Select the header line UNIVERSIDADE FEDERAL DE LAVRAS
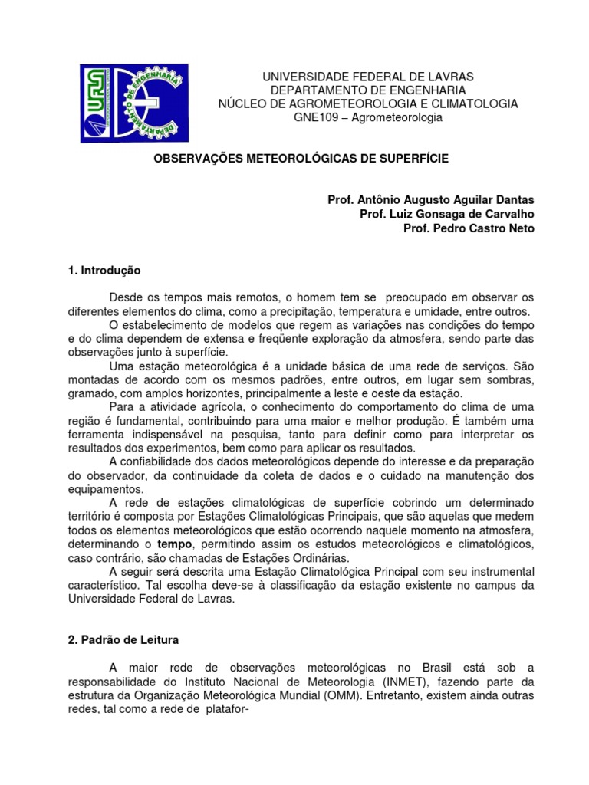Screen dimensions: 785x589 (369, 77)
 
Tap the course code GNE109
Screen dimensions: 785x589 (315, 117)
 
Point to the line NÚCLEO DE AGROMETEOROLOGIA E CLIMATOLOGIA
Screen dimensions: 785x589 (369, 103)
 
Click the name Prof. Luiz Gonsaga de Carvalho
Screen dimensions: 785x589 (447, 214)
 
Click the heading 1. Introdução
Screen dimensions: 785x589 (104, 270)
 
